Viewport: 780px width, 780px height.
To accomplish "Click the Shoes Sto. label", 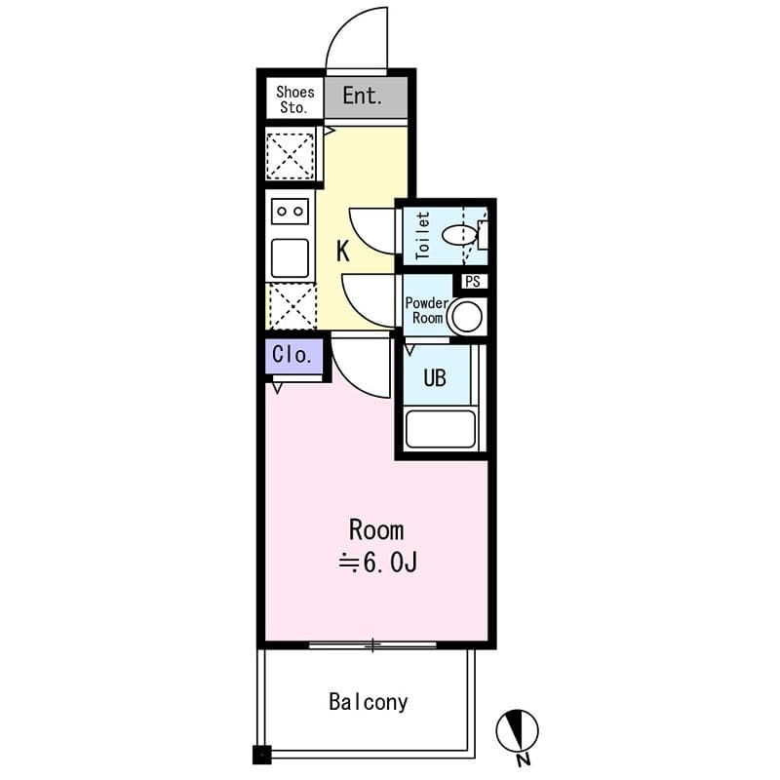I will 295,99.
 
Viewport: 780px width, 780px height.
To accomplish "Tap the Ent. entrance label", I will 361,97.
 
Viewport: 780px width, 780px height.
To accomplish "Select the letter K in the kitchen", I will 342,252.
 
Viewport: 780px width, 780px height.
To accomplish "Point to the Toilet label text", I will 422,235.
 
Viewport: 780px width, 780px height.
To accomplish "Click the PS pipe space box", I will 473,282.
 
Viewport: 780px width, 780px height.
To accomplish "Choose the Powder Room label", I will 426,311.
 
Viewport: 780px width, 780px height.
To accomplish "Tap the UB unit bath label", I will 434,377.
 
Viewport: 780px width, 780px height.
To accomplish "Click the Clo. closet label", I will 292,355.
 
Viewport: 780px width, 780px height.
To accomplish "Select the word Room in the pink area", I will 376,530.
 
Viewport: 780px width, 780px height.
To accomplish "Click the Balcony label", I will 368,702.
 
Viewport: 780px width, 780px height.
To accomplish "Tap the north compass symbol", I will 518,729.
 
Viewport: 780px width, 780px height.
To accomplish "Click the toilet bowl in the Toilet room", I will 458,235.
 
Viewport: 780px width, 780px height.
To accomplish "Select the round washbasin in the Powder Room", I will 466,316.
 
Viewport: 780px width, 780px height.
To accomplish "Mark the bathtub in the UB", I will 440,429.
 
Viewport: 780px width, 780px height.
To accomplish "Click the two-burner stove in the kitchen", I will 291,211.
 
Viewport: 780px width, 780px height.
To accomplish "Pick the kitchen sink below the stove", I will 291,257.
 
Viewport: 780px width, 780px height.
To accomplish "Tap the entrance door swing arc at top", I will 357,39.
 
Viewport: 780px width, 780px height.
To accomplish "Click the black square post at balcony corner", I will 261,754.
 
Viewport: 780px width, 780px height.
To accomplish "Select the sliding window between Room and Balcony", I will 373,644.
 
